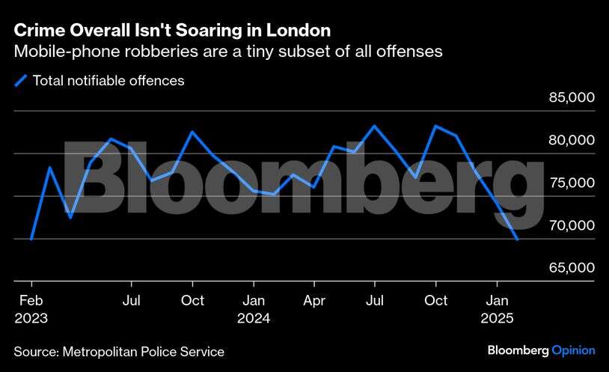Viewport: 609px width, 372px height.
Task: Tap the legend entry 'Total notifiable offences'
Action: (108, 81)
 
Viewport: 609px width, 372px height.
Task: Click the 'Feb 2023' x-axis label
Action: (31, 308)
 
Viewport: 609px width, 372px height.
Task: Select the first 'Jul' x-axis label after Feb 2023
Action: (132, 301)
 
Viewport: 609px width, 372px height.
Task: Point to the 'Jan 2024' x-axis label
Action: (254, 308)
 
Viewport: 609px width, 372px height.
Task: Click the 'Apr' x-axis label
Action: (314, 301)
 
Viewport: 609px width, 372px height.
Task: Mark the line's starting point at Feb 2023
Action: (31, 239)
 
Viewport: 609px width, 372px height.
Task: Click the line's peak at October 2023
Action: (192, 132)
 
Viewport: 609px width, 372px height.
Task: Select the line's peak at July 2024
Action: (375, 126)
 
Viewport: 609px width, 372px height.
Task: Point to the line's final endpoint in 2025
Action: (517, 240)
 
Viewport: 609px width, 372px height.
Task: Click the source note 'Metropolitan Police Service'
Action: (143, 351)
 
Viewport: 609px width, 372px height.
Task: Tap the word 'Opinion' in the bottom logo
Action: (573, 350)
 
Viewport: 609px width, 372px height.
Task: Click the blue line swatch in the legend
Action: (21, 81)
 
